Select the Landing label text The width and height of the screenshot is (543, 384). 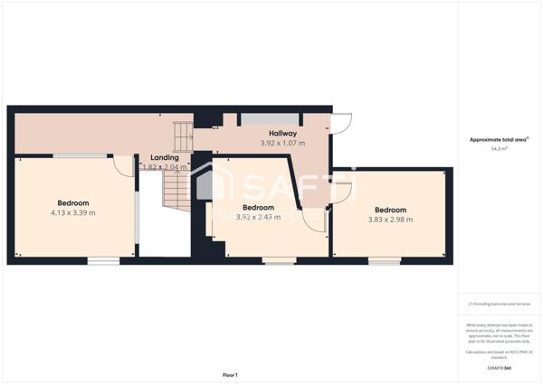click(164, 157)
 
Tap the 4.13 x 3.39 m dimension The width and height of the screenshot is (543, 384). click(73, 212)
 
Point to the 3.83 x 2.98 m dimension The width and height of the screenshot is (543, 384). click(390, 219)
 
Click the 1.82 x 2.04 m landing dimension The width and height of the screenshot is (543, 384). click(165, 167)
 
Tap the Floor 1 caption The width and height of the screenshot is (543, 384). click(230, 374)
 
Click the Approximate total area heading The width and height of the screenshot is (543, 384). click(499, 139)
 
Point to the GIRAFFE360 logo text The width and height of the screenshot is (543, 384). click(499, 368)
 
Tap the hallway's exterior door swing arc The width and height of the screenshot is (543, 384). click(340, 125)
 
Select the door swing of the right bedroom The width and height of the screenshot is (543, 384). click(342, 193)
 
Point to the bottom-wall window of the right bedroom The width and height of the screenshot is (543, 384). click(385, 261)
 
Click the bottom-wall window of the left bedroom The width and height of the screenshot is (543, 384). click(103, 261)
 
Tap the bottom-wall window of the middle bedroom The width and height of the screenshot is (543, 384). click(278, 261)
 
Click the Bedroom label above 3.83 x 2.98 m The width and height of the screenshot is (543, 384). click(390, 209)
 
